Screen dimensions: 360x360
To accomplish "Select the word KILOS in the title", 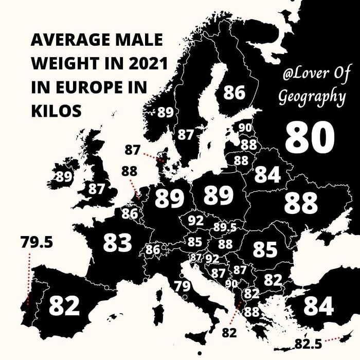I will click(57, 110).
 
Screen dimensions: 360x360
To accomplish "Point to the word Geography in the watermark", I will click(312, 97).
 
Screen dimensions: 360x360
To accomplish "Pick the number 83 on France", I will click(118, 242).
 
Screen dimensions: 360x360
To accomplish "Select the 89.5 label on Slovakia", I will click(225, 227).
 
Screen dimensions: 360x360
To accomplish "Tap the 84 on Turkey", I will click(318, 305).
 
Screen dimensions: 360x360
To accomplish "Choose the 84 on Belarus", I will click(267, 175).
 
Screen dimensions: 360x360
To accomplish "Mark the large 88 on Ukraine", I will click(300, 203).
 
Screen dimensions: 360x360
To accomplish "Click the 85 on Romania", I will click(265, 249).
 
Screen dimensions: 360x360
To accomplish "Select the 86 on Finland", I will click(233, 93).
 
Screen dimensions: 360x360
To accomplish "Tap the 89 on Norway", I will click(165, 112).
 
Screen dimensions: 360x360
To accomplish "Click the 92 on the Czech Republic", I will click(195, 221).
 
